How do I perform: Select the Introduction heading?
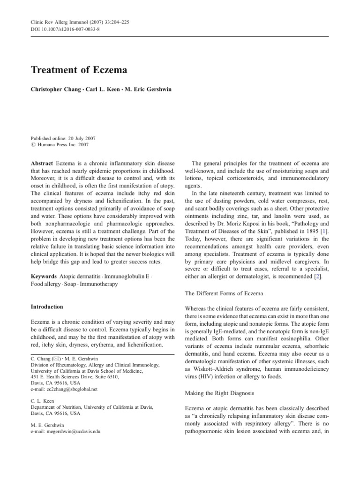pyautogui.click(x=47, y=307)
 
